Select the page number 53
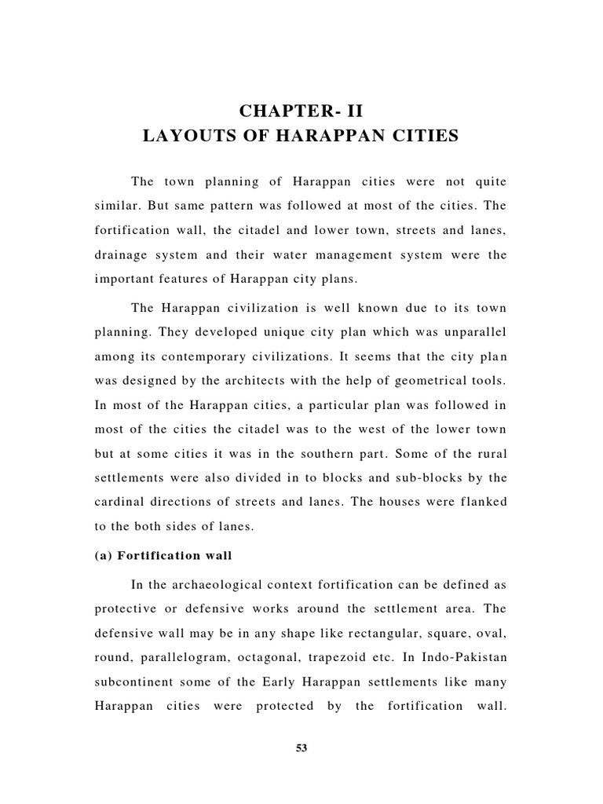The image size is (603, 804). tap(301, 748)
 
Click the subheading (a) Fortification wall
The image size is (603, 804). tap(164, 556)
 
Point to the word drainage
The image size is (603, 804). tap(122, 255)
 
